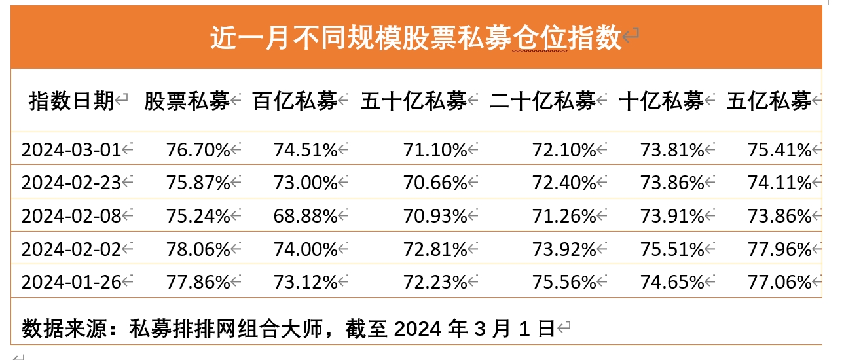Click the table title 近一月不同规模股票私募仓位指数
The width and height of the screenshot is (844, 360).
pos(415,39)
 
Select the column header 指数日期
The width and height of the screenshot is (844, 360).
pos(71,101)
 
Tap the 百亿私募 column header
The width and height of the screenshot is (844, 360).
pos(295,101)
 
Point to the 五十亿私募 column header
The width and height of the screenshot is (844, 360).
pos(413,101)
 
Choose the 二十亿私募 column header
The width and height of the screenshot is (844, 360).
pos(542,101)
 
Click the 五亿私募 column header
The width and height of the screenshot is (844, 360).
pos(769,101)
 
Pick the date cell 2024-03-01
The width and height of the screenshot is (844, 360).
pos(71,150)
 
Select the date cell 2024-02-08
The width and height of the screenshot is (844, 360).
pos(71,215)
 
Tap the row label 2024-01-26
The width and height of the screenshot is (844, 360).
pos(71,282)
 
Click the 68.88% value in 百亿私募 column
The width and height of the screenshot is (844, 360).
pos(305,215)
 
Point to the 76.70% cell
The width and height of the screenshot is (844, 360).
pos(198,150)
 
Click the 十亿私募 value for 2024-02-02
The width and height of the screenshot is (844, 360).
pos(672,249)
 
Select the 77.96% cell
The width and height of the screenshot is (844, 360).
pos(779,249)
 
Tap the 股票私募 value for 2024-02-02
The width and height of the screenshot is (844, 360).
pos(198,249)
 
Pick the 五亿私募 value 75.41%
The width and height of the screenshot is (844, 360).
pos(779,150)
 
